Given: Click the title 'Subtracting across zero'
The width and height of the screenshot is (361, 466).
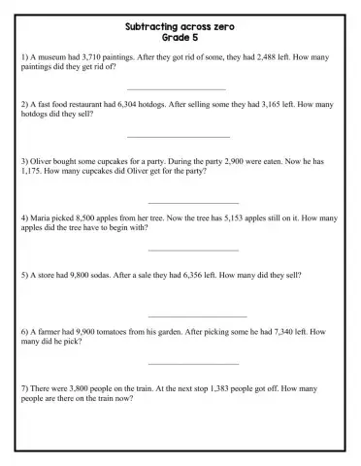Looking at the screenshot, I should pyautogui.click(x=180, y=28).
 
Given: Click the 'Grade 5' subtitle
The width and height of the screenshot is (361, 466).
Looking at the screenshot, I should pyautogui.click(x=180, y=38).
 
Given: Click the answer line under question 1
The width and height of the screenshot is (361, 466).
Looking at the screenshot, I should pyautogui.click(x=183, y=89).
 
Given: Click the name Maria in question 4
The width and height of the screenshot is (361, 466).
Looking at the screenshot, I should pyautogui.click(x=42, y=218).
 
